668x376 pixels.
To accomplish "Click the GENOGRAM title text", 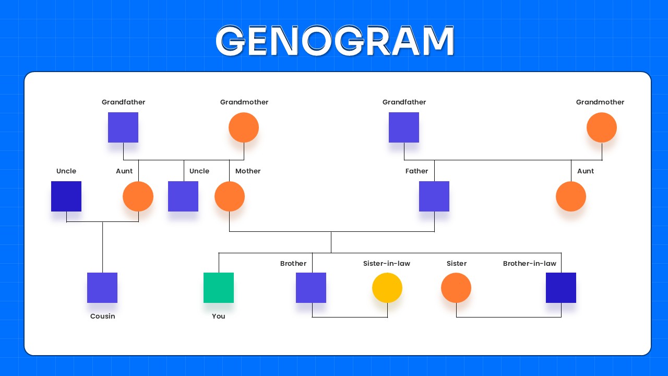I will click(335, 41).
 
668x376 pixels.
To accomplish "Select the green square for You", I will click(219, 288).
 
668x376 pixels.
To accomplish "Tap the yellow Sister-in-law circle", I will click(387, 288).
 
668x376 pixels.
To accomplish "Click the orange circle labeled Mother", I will click(230, 196).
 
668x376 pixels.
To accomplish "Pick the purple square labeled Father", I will click(434, 196).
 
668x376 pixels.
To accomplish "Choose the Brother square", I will click(311, 288).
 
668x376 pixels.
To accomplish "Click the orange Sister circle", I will click(456, 288).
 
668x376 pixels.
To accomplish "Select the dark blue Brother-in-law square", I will click(561, 288).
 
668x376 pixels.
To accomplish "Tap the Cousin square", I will click(102, 288).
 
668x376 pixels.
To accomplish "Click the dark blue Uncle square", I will click(66, 196).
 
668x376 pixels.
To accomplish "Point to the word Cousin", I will click(102, 316).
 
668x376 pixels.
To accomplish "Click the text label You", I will click(219, 316).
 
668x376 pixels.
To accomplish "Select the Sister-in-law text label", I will click(387, 264).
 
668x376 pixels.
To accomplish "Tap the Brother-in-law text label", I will click(530, 264).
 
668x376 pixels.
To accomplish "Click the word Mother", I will click(248, 171).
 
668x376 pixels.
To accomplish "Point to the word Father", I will click(416, 171).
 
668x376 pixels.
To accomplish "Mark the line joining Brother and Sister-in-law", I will click(350, 317).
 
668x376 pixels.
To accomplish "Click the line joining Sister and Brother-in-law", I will click(509, 317).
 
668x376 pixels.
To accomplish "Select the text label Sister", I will click(457, 264).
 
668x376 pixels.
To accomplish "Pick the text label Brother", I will click(293, 264).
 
